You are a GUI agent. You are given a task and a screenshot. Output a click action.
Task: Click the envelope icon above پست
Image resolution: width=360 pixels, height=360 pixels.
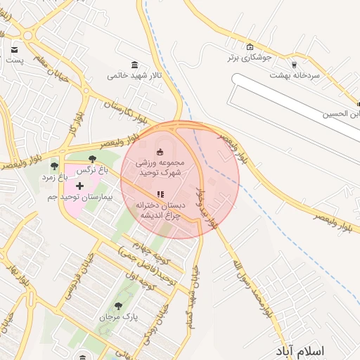click(14, 50)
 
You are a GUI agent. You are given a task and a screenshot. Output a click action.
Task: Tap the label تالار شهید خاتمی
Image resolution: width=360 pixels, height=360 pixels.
click(134, 75)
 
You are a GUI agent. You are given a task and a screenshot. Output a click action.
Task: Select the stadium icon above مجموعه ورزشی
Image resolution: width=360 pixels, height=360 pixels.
click(160, 151)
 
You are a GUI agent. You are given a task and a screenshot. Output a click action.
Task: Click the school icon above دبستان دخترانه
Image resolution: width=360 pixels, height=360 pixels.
click(160, 194)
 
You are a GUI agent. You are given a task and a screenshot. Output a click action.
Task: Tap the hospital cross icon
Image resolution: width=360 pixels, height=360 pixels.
click(79, 186)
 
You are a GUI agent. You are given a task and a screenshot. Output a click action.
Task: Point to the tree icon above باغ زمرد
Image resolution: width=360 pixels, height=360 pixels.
click(54, 166)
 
